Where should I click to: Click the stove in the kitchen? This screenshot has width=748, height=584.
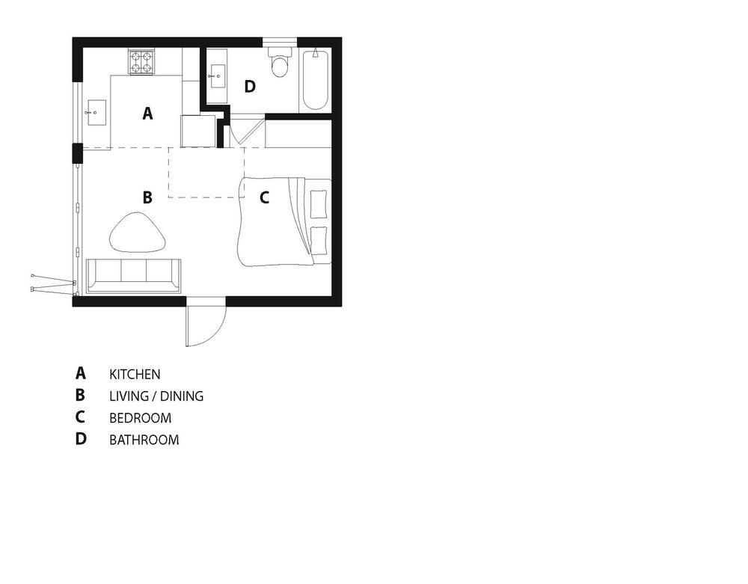(x=142, y=61)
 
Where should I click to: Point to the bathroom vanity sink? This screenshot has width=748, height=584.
(x=218, y=76)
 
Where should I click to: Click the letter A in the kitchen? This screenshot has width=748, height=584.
(x=147, y=114)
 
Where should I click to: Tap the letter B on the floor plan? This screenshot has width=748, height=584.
(x=147, y=197)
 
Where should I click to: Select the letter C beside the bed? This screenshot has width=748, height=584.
(x=264, y=198)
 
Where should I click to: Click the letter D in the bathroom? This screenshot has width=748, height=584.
(x=250, y=87)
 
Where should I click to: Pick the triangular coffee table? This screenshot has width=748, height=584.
(x=138, y=233)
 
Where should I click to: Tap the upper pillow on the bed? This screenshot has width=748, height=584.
(x=319, y=201)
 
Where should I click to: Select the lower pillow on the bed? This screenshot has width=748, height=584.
(x=319, y=238)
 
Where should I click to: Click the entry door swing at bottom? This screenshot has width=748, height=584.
(x=204, y=323)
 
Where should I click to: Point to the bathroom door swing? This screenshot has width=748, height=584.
(x=244, y=132)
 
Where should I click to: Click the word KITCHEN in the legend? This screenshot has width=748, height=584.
(x=135, y=373)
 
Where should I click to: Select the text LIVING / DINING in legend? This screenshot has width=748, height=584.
(x=156, y=396)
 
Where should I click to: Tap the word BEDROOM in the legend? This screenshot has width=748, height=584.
(x=140, y=418)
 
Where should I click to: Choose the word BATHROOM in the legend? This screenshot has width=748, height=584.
(x=144, y=440)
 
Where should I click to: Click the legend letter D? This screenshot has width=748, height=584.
(x=81, y=439)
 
